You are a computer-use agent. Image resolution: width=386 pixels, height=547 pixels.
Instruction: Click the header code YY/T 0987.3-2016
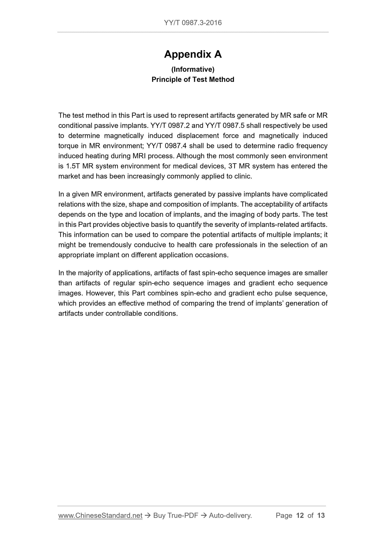(193, 23)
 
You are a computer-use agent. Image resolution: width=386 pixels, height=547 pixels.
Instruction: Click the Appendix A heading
(193, 54)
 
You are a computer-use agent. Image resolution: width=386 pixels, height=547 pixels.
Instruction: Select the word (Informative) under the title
(193, 70)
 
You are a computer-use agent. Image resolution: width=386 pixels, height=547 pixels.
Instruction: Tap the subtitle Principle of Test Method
(193, 79)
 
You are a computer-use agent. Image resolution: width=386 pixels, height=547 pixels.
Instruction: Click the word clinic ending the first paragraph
(243, 176)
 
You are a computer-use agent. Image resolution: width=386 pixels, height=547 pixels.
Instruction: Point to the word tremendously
(109, 245)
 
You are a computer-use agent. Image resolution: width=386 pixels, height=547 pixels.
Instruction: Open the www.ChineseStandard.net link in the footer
(100, 515)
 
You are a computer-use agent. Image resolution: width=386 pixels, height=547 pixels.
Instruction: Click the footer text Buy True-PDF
(176, 515)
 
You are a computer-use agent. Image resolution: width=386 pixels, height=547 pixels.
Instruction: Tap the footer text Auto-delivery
(230, 515)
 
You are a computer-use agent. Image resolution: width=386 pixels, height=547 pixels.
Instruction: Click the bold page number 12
(300, 515)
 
